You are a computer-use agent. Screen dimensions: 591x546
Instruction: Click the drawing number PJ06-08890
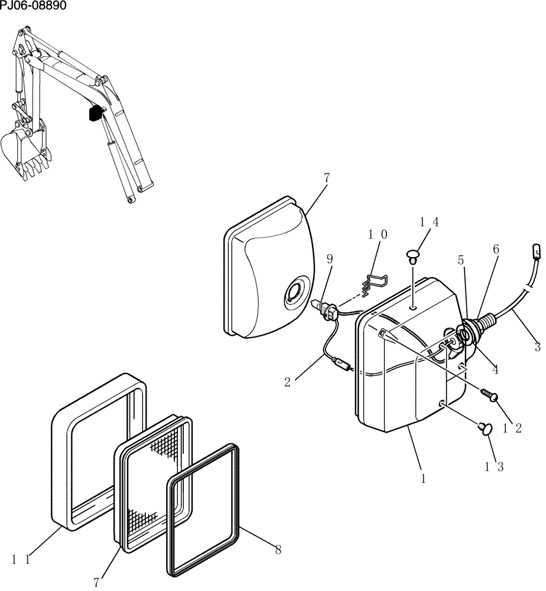[33, 6]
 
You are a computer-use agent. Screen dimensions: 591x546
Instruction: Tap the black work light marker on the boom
[95, 113]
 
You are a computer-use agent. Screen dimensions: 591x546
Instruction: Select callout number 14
[429, 222]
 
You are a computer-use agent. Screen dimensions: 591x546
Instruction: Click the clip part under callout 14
[412, 256]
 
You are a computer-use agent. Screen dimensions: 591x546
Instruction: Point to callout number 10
[378, 235]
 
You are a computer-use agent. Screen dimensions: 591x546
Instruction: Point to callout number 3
[537, 348]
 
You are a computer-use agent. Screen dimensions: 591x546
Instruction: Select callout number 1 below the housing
[423, 479]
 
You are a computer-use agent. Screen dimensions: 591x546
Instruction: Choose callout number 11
[18, 558]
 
